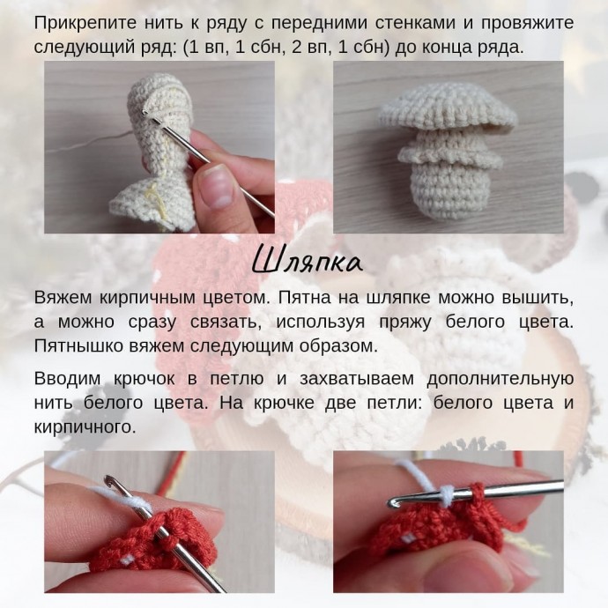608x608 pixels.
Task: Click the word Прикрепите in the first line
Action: pyautogui.click(x=80, y=21)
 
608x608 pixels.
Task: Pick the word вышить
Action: pyautogui.click(x=537, y=296)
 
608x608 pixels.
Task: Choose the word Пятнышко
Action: pyautogui.click(x=77, y=345)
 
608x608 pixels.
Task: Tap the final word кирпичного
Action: pyautogui.click(x=85, y=427)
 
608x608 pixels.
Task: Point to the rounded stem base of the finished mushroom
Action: pyautogui.click(x=447, y=193)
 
